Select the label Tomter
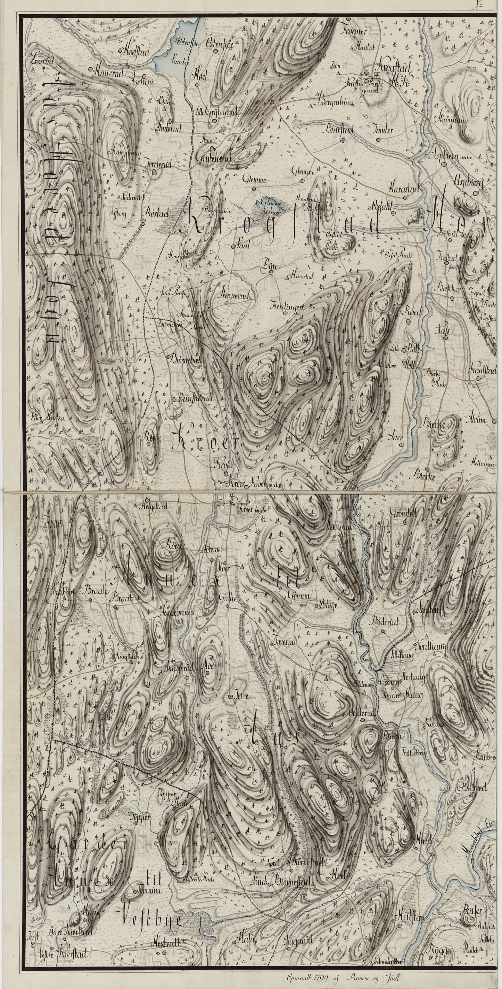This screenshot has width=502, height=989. (382, 130)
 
